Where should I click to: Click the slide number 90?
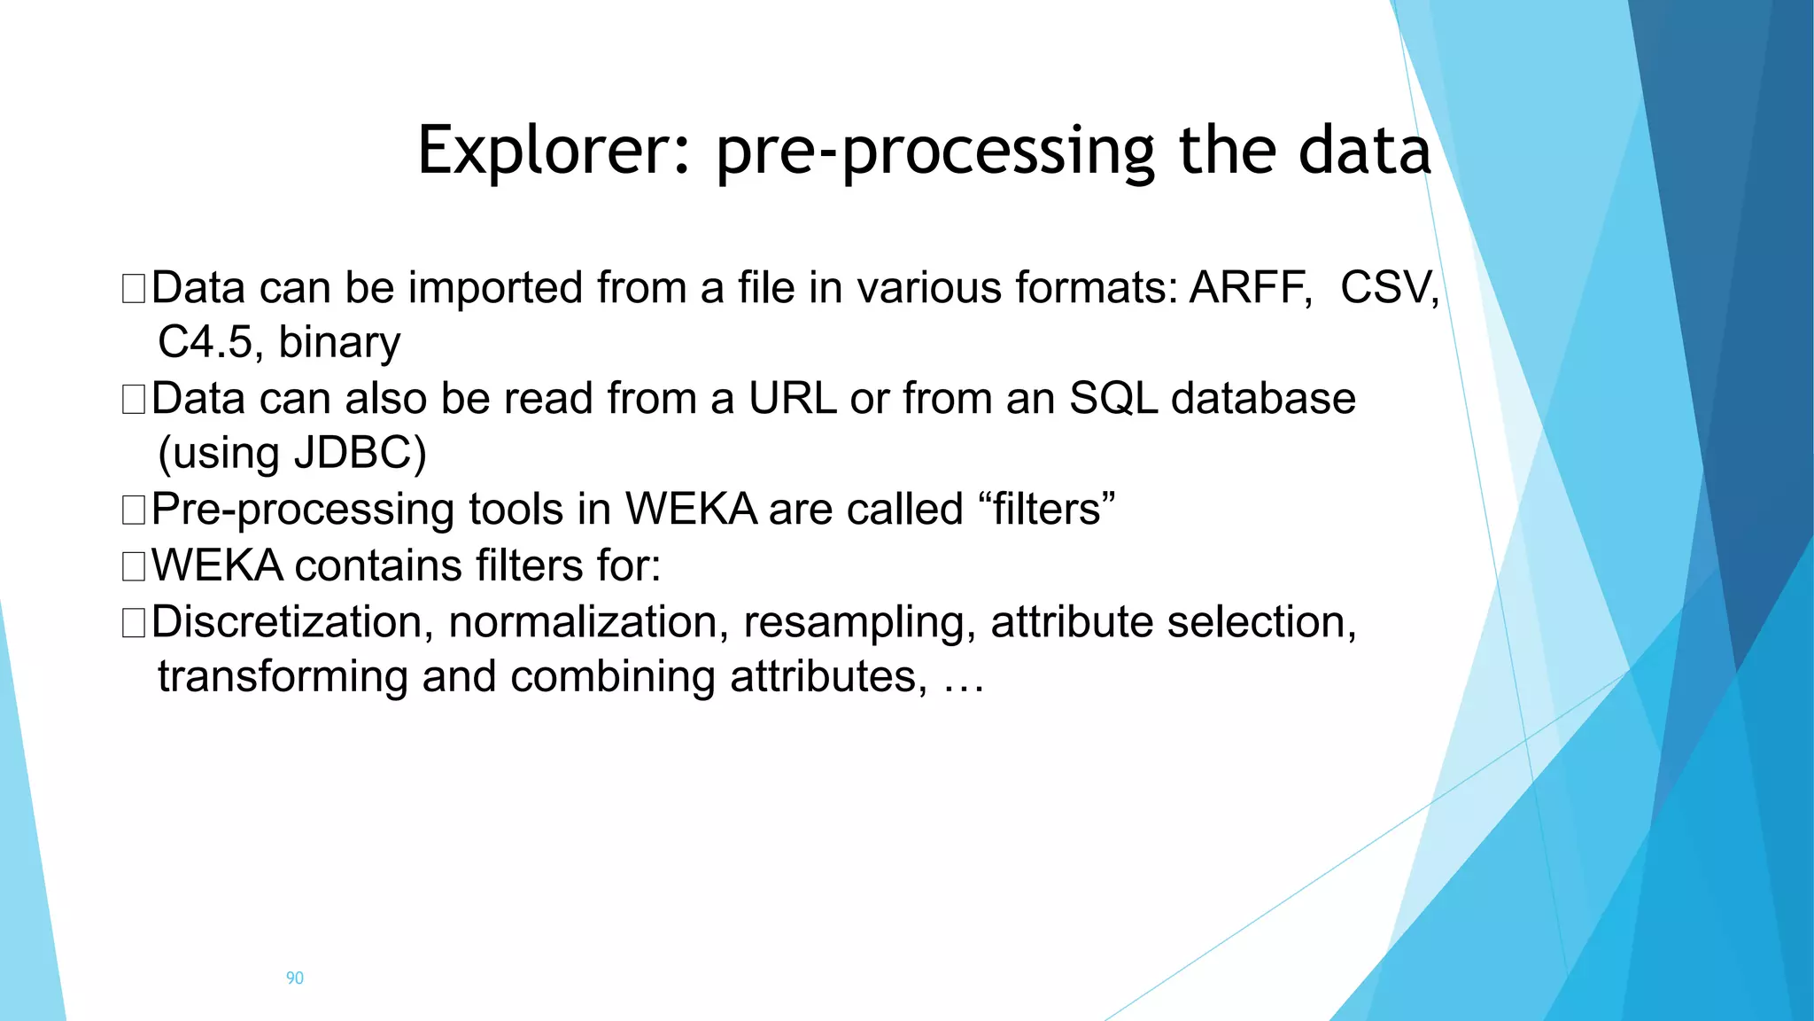click(x=294, y=978)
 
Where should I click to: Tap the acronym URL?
click(x=793, y=399)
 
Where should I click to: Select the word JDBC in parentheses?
click(x=353, y=453)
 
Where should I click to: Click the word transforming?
click(x=283, y=677)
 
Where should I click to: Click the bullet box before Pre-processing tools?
click(x=134, y=510)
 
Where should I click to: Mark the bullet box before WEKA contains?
click(x=134, y=566)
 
